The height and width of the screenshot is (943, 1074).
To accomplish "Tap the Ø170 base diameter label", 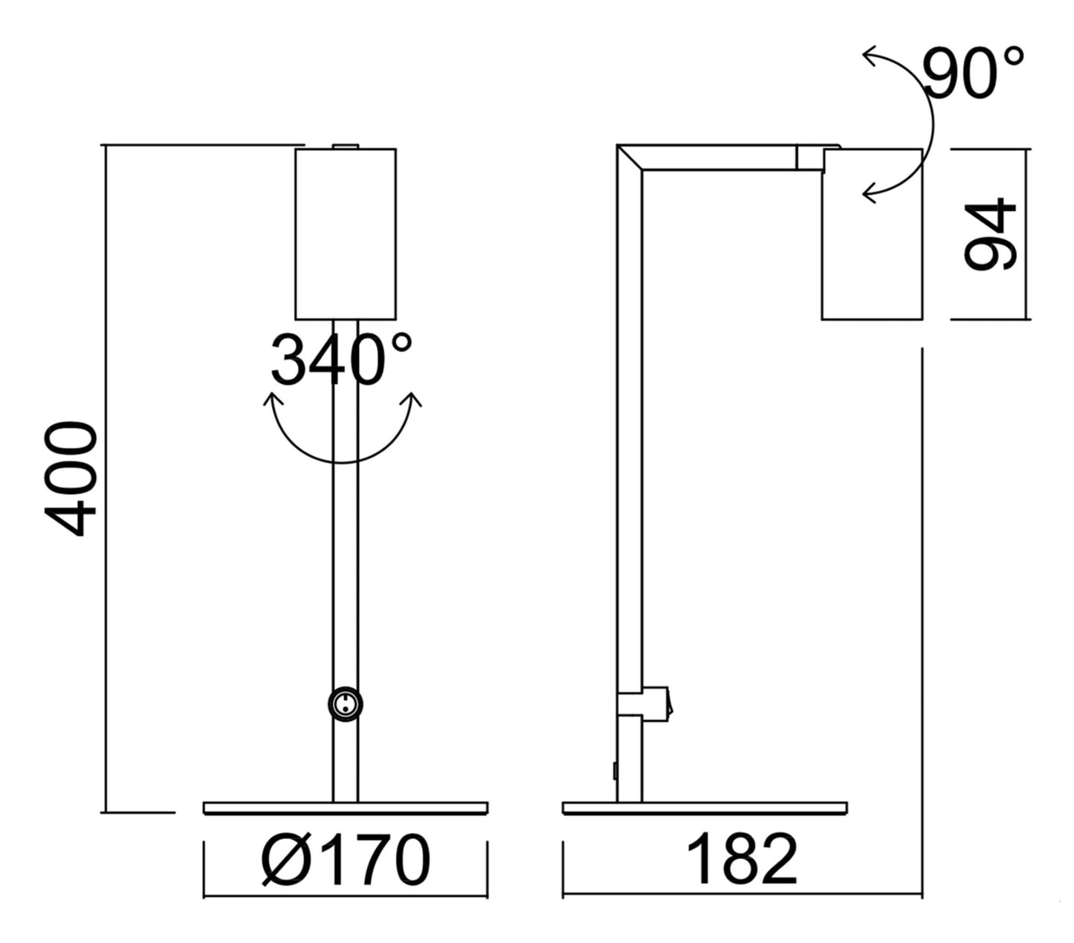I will tap(346, 860).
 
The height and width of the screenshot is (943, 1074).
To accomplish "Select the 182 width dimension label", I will tap(741, 860).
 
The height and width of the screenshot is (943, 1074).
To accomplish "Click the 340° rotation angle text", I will tap(340, 360).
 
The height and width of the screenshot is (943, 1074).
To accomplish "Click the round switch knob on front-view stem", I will tap(346, 704).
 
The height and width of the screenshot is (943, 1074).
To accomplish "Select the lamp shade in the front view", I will tap(346, 233).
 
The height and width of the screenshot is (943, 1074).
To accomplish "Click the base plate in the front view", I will tap(346, 808).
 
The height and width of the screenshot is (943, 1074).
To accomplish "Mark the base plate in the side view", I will tap(705, 808).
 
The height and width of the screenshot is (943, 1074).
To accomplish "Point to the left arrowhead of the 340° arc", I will tap(272, 402).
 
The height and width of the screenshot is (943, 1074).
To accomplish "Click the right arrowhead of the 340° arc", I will tap(411, 401).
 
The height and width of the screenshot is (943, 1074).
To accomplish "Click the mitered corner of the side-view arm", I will tap(630, 158).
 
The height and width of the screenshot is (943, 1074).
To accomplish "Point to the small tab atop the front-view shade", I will tap(346, 146).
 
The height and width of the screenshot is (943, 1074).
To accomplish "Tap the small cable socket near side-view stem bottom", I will tap(615, 771).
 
